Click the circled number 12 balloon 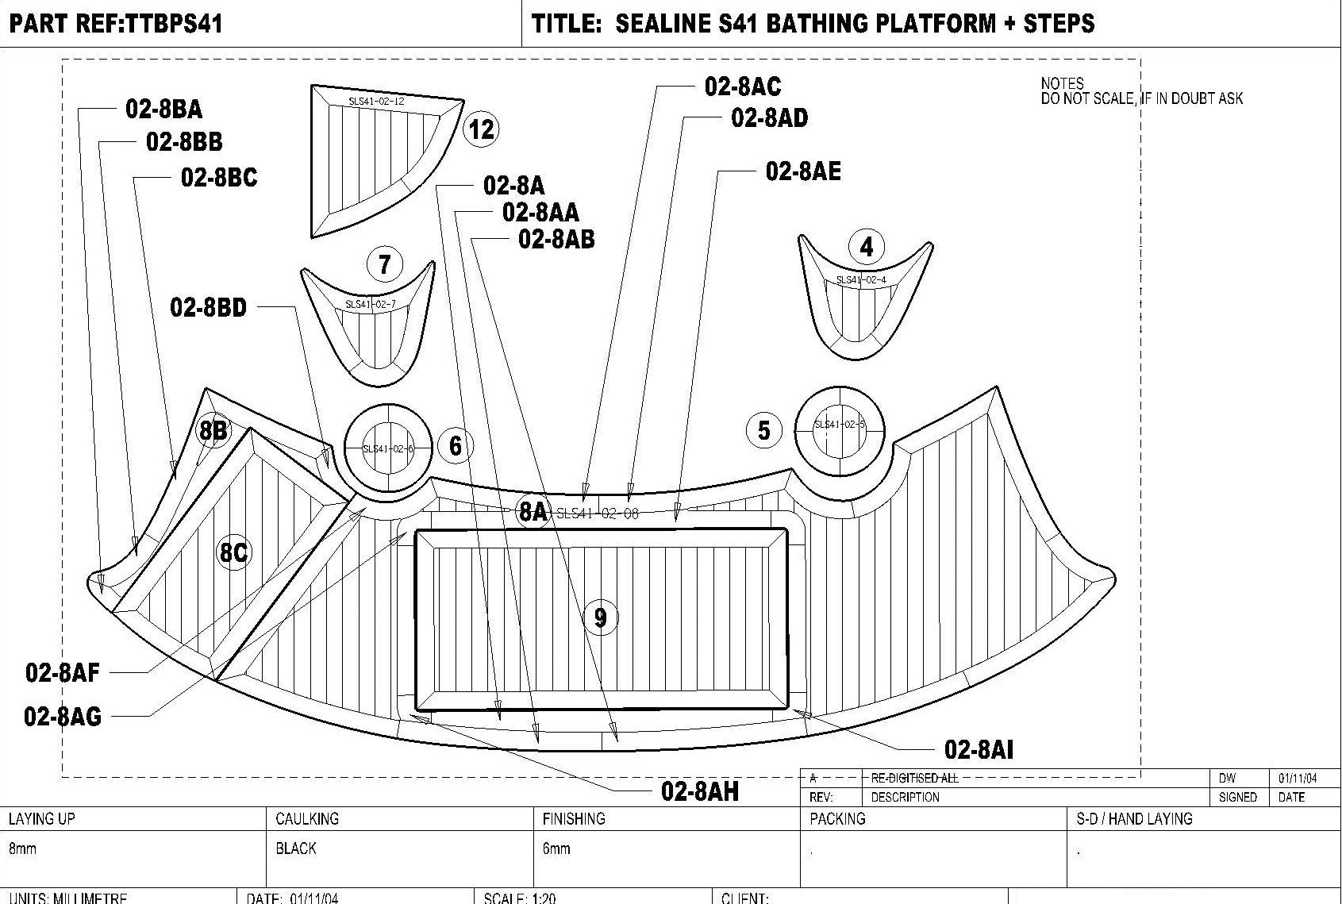point(482,129)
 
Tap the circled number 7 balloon point(385,264)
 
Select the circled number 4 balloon point(866,247)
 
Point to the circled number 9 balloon point(600,617)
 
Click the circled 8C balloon point(233,552)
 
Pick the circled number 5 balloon point(763,430)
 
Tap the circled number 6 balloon point(455,445)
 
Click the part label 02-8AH point(700,791)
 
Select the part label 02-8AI point(979,748)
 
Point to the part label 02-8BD point(209,307)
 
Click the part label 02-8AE point(802,171)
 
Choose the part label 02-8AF point(63,673)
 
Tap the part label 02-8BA point(163,109)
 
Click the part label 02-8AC point(743,86)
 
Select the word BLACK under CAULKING point(296,848)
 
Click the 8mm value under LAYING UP point(22,848)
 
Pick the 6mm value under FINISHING point(556,848)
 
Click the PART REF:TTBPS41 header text point(116,23)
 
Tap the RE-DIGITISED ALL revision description point(914,778)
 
